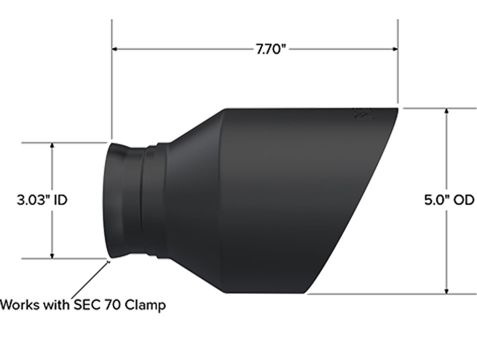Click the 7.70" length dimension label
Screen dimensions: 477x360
271,49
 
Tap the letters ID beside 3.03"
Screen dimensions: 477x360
60,200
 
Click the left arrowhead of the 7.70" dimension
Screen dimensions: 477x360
114,49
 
